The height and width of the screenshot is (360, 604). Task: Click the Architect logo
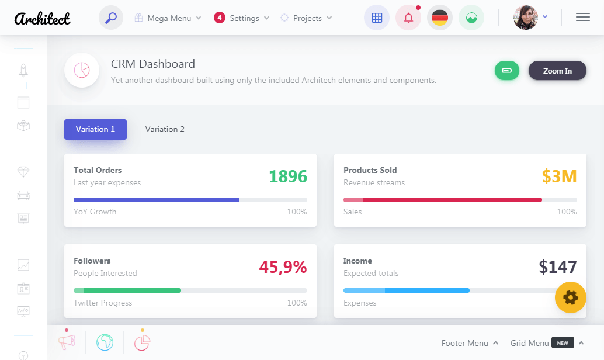[x=42, y=18]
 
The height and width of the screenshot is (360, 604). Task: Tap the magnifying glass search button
[x=111, y=18]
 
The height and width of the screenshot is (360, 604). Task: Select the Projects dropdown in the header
[x=306, y=18]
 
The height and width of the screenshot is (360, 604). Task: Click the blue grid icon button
[x=377, y=18]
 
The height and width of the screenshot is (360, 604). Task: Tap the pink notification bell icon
[x=408, y=18]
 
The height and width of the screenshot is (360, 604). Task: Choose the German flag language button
[x=440, y=18]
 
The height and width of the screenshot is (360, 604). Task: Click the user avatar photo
[x=525, y=18]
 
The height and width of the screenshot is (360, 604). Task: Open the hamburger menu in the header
[x=582, y=18]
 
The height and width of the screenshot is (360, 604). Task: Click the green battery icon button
[x=507, y=71]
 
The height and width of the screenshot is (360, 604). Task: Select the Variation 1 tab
[x=95, y=129]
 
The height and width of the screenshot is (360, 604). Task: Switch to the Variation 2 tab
[x=165, y=129]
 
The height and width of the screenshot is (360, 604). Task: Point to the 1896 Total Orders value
[x=287, y=176]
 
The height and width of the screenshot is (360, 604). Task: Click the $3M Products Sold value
[x=559, y=176]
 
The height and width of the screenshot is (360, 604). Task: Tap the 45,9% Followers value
[x=283, y=266]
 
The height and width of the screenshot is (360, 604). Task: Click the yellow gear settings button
[x=570, y=297]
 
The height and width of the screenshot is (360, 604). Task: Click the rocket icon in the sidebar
[x=23, y=70]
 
